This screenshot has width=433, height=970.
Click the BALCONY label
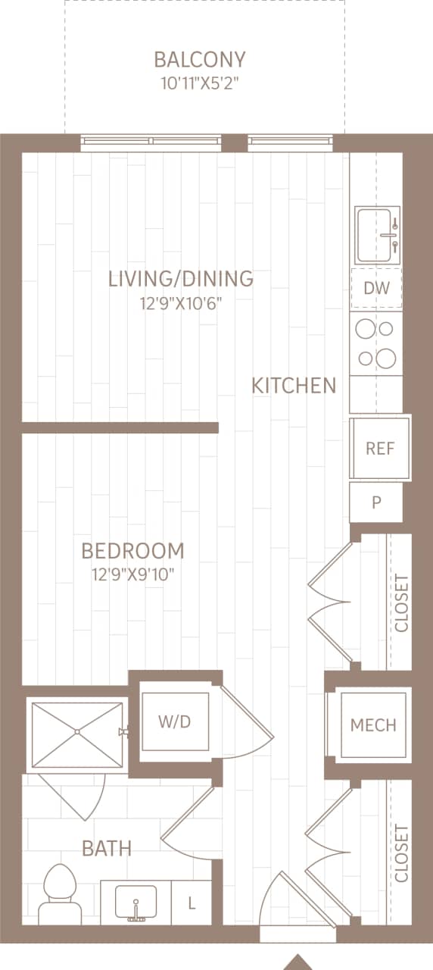[200, 59]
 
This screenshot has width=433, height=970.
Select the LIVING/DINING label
[181, 279]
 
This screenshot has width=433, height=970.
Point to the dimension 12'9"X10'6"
[181, 304]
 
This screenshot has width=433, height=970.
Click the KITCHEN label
[294, 386]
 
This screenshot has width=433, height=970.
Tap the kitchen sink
[378, 235]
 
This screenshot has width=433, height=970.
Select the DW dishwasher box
[376, 288]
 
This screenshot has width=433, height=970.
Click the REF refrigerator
[380, 448]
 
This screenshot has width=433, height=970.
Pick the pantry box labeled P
[376, 502]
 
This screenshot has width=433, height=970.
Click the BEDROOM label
[133, 550]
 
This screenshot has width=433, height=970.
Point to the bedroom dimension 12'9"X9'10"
[133, 574]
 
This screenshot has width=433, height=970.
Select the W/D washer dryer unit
[174, 722]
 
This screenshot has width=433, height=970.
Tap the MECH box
[373, 725]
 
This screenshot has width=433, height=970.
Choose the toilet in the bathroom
[59, 896]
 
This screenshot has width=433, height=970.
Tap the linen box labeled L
[192, 903]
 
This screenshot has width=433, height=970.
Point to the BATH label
[107, 849]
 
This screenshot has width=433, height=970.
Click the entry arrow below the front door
[298, 962]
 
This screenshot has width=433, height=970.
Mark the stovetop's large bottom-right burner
[386, 357]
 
